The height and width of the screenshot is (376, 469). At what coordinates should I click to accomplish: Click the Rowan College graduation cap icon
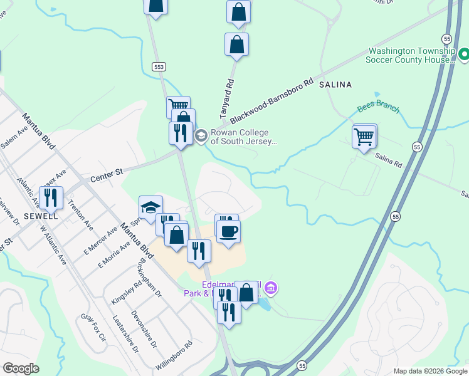201,135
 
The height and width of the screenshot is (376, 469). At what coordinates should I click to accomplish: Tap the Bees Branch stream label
378,108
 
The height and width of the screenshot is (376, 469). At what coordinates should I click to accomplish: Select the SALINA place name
335,84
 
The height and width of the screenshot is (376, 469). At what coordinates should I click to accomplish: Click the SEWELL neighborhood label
41,216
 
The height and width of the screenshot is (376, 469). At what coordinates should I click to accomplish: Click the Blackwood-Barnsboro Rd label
271,100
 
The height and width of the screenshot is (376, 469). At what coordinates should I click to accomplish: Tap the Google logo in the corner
21,369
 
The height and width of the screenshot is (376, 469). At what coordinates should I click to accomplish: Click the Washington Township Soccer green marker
463,55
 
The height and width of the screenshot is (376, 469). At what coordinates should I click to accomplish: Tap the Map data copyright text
429,370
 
